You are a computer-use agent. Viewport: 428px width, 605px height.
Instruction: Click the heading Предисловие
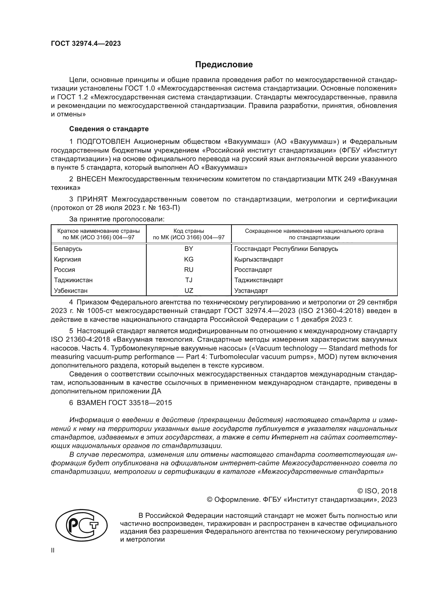tap(224, 65)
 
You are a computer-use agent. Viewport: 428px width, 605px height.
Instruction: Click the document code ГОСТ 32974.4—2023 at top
tap(86, 44)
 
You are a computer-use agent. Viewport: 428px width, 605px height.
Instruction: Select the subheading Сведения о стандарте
tap(109, 129)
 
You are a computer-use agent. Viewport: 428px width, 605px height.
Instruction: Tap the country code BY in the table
tap(189, 249)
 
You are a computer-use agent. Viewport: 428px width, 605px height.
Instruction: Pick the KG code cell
tap(189, 259)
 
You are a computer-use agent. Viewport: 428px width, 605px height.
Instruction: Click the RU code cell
tap(189, 270)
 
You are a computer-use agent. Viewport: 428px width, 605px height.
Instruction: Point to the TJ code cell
tap(189, 280)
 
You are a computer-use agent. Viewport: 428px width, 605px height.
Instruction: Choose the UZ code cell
tap(189, 291)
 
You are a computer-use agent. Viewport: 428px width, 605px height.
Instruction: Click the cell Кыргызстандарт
tap(259, 259)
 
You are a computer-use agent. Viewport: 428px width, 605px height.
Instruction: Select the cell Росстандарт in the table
tap(253, 270)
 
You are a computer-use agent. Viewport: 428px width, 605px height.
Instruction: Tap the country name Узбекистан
tap(71, 291)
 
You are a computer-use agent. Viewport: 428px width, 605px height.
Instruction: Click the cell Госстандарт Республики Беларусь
tap(286, 249)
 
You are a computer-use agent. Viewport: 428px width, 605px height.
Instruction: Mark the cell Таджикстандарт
tap(259, 280)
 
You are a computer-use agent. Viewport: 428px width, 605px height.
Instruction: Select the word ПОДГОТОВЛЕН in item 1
tap(103, 142)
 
